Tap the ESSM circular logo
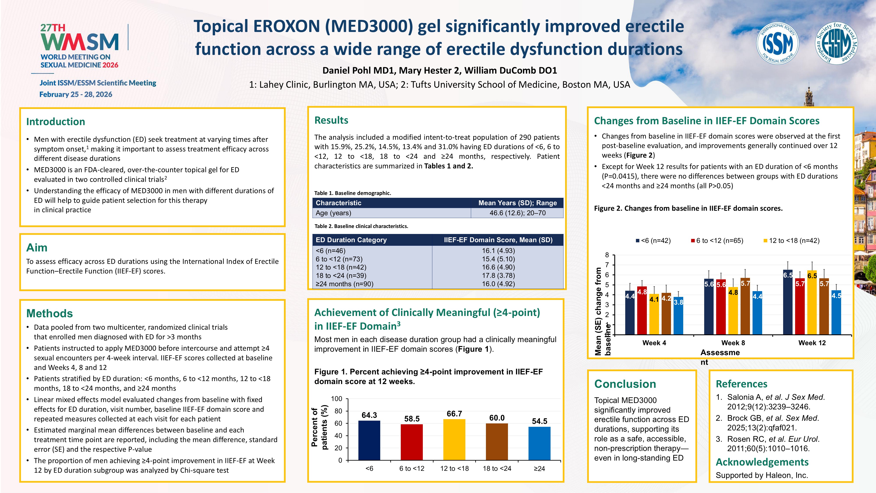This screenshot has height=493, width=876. coord(837,43)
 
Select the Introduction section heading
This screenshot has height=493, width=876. coord(55,121)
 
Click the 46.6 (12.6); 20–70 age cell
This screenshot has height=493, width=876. coord(517,213)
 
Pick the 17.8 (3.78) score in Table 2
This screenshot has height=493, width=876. coord(498,276)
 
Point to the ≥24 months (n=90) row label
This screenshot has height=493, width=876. coord(344,284)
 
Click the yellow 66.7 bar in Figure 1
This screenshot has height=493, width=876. coord(454,439)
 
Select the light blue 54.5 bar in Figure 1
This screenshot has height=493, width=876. coord(539,443)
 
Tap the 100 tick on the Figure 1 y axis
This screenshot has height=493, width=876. coord(337,399)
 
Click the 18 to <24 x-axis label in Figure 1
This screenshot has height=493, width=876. coord(497,469)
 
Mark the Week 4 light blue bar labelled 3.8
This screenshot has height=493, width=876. coord(679,316)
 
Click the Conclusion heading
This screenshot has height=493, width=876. coord(625,384)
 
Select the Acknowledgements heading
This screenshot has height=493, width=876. coord(762,462)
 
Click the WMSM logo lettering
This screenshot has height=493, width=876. coord(80,42)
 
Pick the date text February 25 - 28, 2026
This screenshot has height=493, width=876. coord(76,94)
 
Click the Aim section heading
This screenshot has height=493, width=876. coord(37,247)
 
